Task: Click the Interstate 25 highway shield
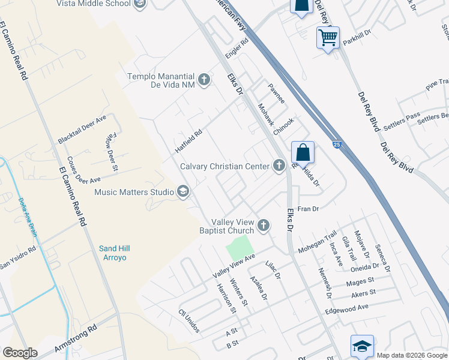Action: point(337,145)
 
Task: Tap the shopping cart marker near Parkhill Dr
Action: point(328,38)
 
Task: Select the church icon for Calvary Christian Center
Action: point(279,166)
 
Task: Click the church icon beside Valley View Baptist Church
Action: point(263,226)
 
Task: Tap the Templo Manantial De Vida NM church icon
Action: point(204,79)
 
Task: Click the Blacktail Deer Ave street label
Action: point(82,129)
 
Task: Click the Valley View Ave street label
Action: point(234,266)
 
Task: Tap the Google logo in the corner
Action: point(20,353)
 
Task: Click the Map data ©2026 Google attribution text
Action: point(411,355)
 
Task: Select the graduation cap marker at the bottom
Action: point(362,346)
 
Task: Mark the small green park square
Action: point(240,247)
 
